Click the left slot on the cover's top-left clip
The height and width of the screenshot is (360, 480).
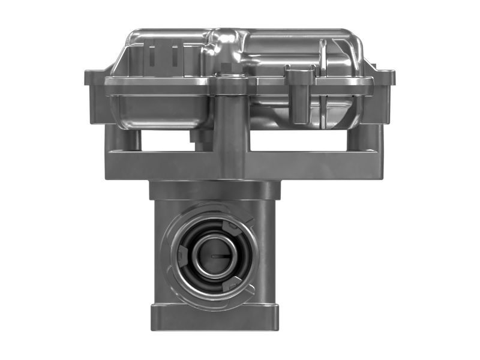[x=152, y=55]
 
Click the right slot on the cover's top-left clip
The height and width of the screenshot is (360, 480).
[x=175, y=55]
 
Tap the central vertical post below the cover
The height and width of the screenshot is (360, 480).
[x=230, y=129]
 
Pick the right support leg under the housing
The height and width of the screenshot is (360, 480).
[x=362, y=138]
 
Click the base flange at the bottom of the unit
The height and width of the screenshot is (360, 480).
[x=214, y=317]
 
